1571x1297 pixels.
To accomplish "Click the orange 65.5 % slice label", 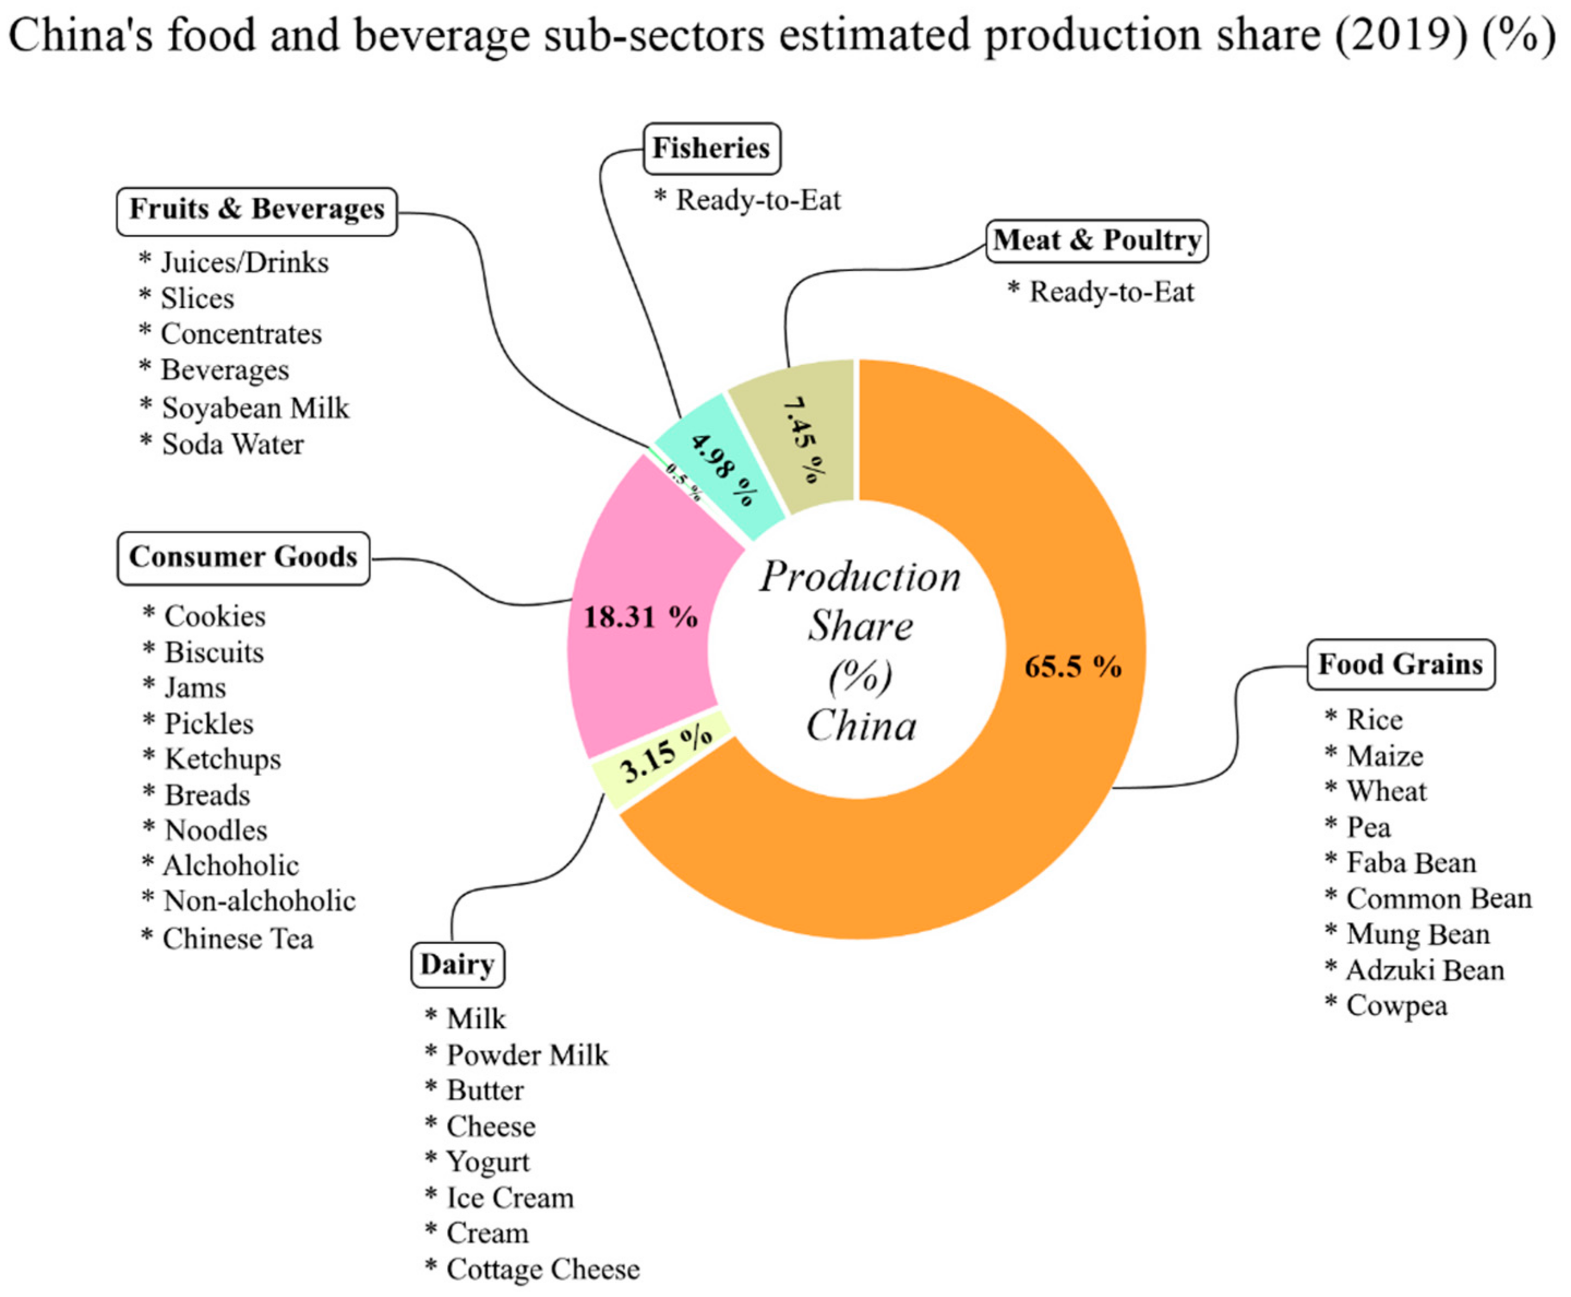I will [x=1072, y=665].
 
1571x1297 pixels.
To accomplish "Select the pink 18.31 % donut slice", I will [x=640, y=617].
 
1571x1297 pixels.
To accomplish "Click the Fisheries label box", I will [x=711, y=148].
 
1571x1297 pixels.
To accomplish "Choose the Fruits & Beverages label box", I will [x=257, y=210].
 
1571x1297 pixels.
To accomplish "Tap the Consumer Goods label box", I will [x=243, y=557].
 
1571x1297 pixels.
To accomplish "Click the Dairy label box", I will [x=457, y=965].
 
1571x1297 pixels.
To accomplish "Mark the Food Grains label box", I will [x=1400, y=664].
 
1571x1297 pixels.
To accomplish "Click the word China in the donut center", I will [x=861, y=725].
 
